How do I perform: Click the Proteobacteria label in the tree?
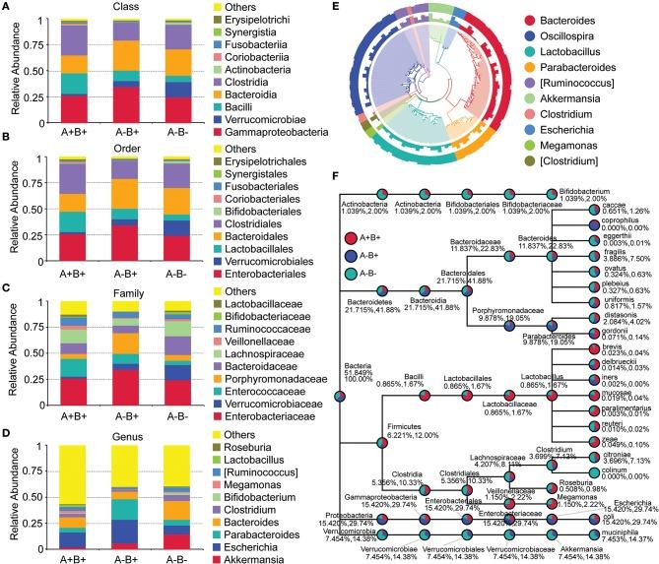tap(351, 518)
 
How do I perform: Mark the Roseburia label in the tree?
tap(529, 483)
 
